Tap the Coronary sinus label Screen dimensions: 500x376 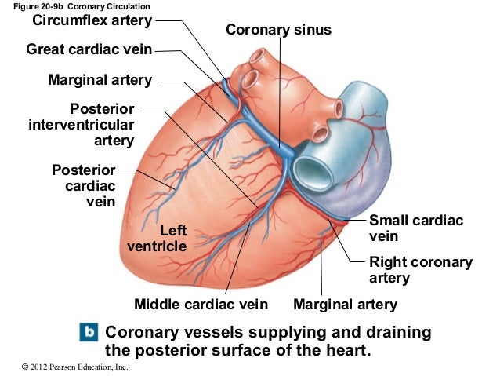[278, 30]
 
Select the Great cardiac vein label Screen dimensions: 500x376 [89, 50]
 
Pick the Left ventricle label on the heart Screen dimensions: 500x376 [157, 239]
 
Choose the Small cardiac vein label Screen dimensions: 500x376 [416, 228]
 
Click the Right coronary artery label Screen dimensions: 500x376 [420, 270]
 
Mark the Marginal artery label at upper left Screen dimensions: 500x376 [100, 79]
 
